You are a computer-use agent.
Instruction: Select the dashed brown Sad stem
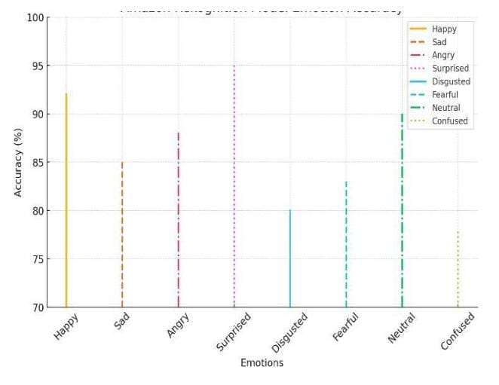coord(122,234)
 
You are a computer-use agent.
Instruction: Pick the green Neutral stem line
coord(402,210)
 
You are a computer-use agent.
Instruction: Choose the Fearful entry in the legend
coord(444,95)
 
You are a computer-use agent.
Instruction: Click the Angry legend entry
coord(442,55)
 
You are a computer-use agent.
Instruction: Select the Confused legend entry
coord(449,121)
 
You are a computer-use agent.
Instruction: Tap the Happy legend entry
coord(443,29)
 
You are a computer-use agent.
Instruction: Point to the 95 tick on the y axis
coord(35,66)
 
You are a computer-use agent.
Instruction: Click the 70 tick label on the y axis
coord(35,307)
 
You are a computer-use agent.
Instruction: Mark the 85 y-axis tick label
coord(35,163)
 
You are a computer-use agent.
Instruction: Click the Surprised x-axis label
coord(234,332)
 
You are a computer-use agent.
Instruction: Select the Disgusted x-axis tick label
coord(289,332)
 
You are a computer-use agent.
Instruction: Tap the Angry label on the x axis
coord(178,325)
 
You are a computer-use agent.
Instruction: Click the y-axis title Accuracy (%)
coord(18,162)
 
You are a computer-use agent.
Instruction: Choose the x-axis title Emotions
coord(262,363)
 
